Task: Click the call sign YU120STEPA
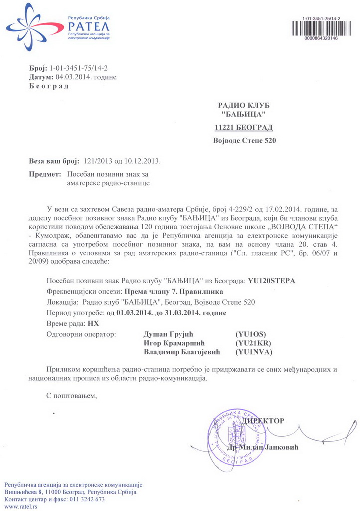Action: [x=271, y=281]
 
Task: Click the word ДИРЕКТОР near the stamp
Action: [x=264, y=421]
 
